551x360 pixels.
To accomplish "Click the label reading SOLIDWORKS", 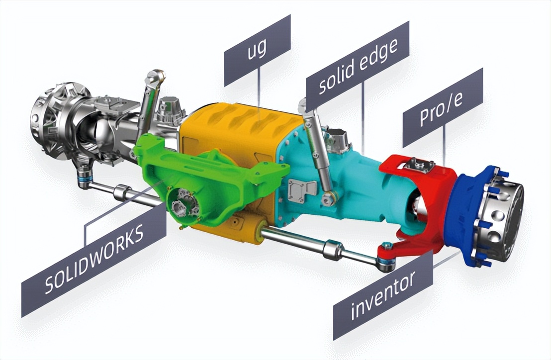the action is [94, 260].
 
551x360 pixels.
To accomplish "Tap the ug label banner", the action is [258, 51].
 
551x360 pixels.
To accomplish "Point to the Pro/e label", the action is [443, 107].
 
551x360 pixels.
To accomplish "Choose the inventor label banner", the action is [383, 297].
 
